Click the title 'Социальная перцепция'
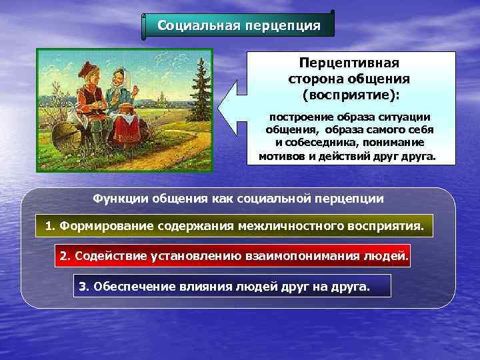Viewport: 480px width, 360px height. tap(239, 26)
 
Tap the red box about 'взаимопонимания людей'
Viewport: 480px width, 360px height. tap(232, 256)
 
